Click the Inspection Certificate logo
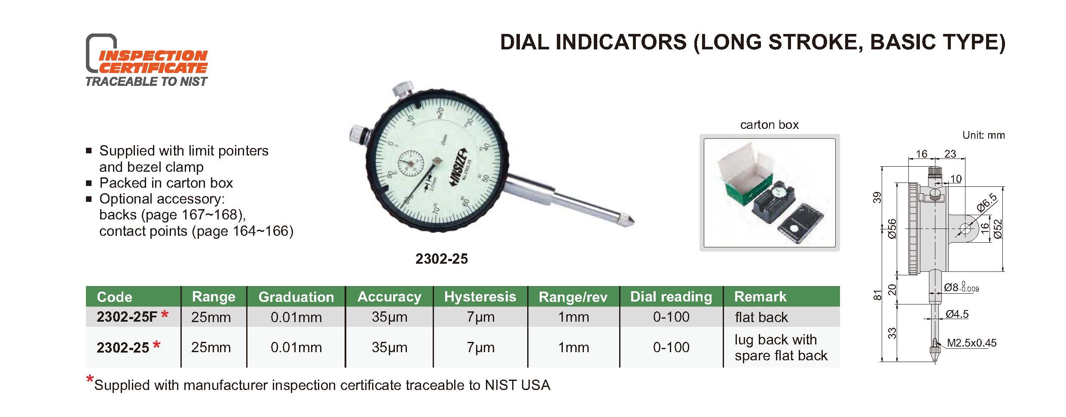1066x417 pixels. click(x=147, y=60)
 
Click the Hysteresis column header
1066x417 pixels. click(x=480, y=296)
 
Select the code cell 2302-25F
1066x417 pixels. click(x=127, y=317)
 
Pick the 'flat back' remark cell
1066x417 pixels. click(x=761, y=317)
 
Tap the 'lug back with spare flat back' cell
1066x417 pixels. click(x=781, y=347)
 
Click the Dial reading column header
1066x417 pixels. click(x=671, y=296)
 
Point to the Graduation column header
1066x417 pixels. click(x=296, y=297)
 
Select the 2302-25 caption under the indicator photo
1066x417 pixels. click(x=441, y=259)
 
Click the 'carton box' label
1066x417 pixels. click(x=769, y=125)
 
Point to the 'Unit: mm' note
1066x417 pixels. click(x=984, y=135)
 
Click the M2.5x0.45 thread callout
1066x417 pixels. click(x=971, y=343)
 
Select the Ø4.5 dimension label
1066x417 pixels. click(x=957, y=314)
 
